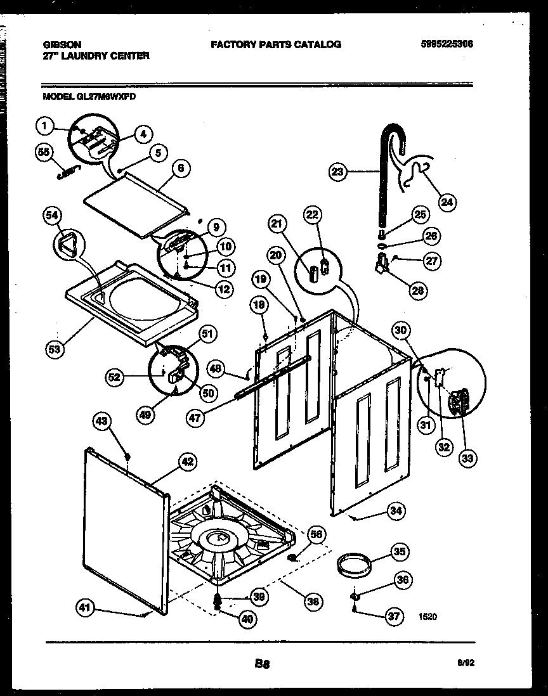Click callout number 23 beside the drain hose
coord(338,171)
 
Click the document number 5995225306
coord(447,44)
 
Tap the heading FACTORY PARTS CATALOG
coord(275,44)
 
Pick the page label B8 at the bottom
coord(263,664)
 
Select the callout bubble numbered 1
coord(44,127)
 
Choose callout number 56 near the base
coord(316,534)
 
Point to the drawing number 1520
coord(427,615)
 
